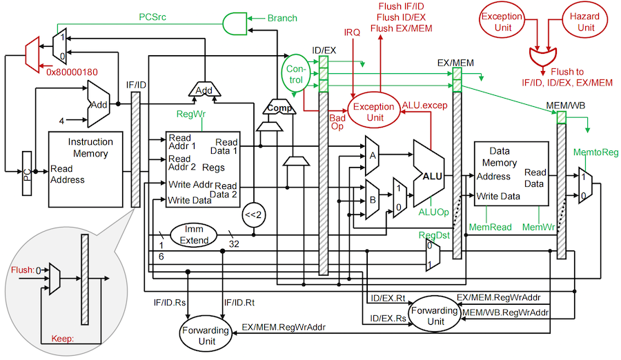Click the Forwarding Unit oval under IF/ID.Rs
coord(204,331)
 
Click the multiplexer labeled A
coord(373,154)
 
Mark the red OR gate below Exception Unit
coord(545,55)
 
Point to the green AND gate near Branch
coord(235,23)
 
